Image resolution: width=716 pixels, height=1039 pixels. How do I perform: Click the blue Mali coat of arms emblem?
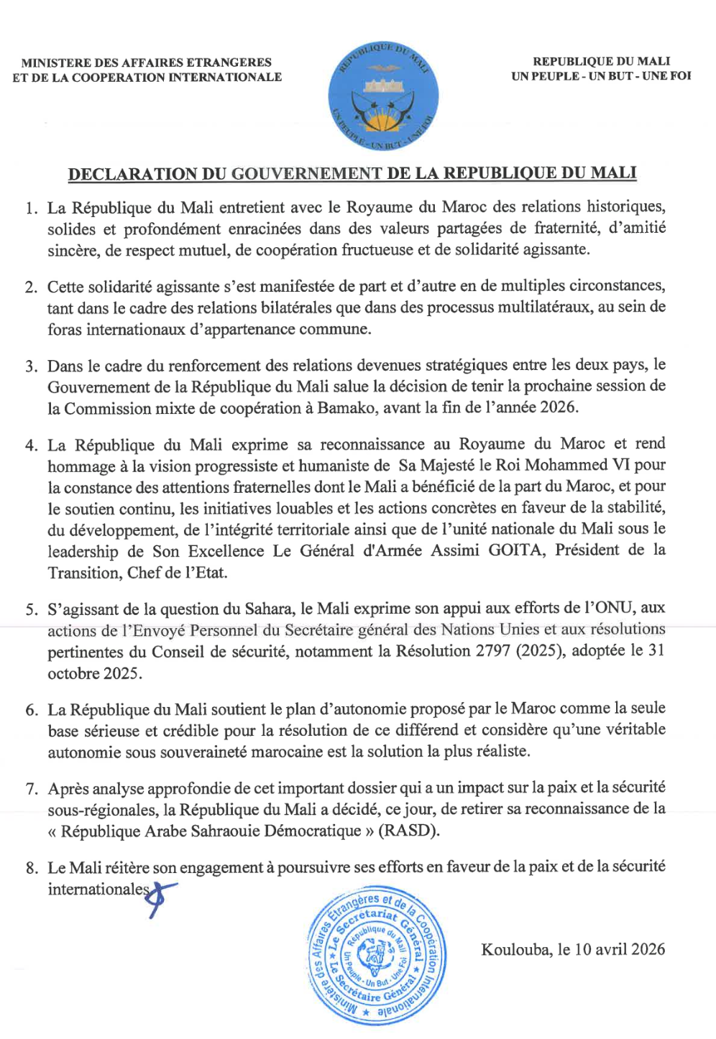383,96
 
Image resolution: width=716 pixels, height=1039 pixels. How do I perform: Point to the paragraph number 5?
32,609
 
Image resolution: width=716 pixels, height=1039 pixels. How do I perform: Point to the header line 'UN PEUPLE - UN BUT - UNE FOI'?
601,76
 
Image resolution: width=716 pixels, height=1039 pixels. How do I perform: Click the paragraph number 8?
32,868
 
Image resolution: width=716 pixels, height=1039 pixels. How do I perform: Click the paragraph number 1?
32,208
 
